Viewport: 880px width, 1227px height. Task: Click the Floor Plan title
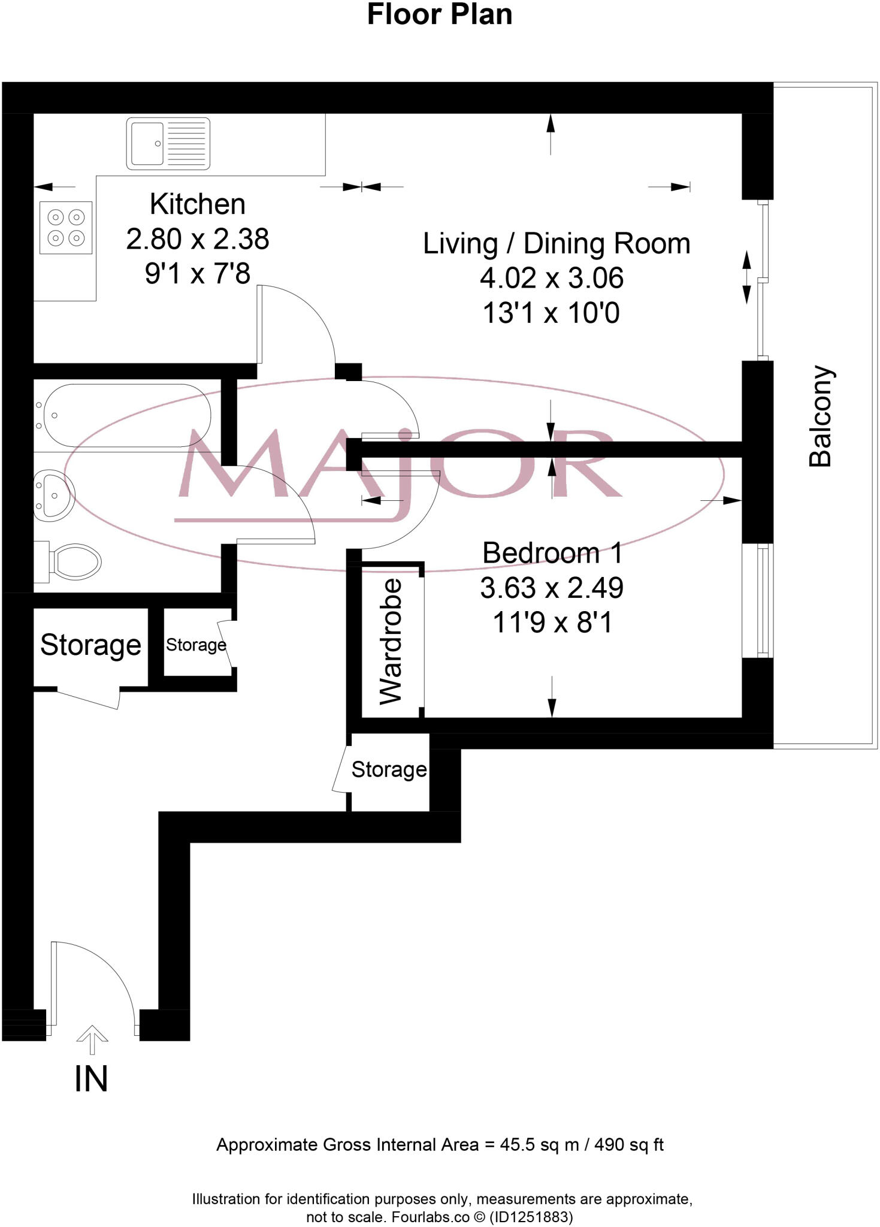click(439, 15)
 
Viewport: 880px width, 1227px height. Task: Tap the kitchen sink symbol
click(168, 144)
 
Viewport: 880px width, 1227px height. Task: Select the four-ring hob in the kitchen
click(66, 228)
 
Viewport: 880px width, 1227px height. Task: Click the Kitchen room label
click(197, 204)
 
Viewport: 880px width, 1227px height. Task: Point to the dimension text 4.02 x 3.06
click(551, 278)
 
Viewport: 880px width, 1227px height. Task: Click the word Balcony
click(820, 416)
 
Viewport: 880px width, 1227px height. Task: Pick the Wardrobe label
click(391, 641)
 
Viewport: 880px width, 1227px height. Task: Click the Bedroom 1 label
click(552, 552)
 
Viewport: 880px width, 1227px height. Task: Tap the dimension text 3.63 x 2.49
click(551, 588)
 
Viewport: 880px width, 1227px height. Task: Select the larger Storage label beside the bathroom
click(90, 645)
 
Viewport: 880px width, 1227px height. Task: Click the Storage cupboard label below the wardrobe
click(389, 769)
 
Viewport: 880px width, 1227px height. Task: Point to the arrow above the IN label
click(92, 1039)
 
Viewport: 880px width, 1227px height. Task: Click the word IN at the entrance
click(91, 1079)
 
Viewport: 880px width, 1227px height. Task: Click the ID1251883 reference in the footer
click(531, 1217)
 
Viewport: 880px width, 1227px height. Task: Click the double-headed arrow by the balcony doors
click(746, 277)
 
